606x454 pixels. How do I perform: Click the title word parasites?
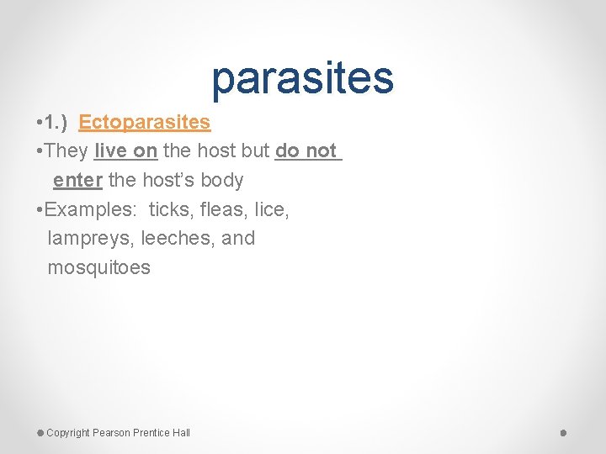(x=302, y=78)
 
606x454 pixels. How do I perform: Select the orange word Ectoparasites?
(x=144, y=122)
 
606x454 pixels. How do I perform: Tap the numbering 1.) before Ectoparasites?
(x=58, y=122)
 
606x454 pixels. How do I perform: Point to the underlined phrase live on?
(x=126, y=151)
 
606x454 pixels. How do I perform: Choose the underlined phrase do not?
(x=306, y=151)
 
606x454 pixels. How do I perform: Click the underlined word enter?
(x=77, y=180)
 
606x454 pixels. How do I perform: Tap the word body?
(x=222, y=180)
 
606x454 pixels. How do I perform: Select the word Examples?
(x=90, y=209)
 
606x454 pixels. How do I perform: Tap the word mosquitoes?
(x=99, y=268)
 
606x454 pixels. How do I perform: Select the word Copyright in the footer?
(x=68, y=433)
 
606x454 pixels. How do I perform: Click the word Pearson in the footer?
(x=113, y=433)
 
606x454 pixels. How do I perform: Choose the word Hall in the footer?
(x=181, y=433)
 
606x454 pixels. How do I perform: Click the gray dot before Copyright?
(x=40, y=432)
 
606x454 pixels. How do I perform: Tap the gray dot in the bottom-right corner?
(x=564, y=432)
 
